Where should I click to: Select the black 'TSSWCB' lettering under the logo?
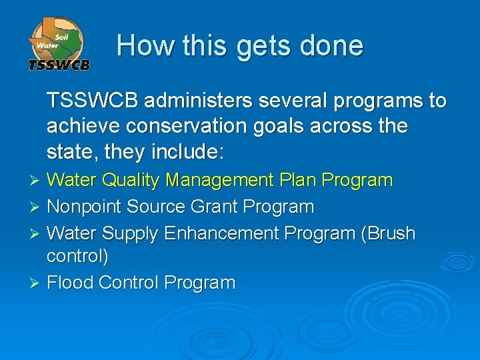59,65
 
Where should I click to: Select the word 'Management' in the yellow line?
219,180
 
